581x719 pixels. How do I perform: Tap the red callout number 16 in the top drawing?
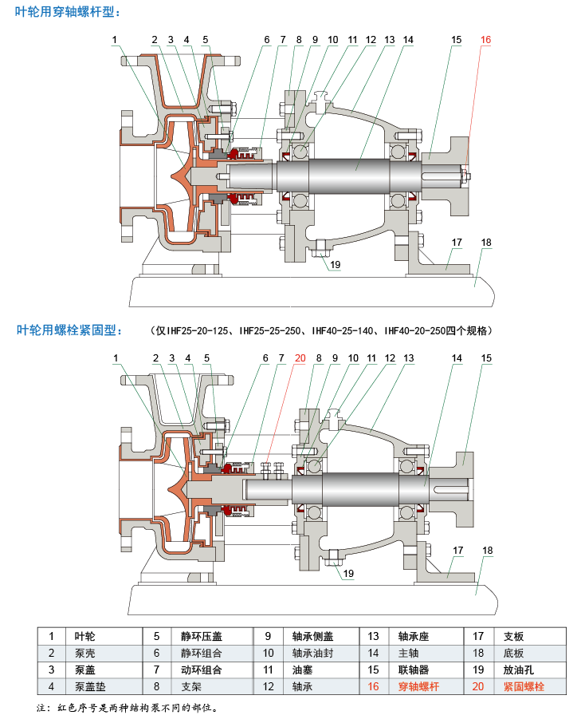(x=485, y=39)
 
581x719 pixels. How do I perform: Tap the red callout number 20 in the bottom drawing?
(x=299, y=358)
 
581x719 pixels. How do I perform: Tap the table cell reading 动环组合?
(x=201, y=669)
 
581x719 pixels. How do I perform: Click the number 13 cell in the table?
(x=372, y=636)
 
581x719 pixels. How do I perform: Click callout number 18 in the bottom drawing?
(x=487, y=550)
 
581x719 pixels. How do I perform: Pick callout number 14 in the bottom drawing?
(x=457, y=358)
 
